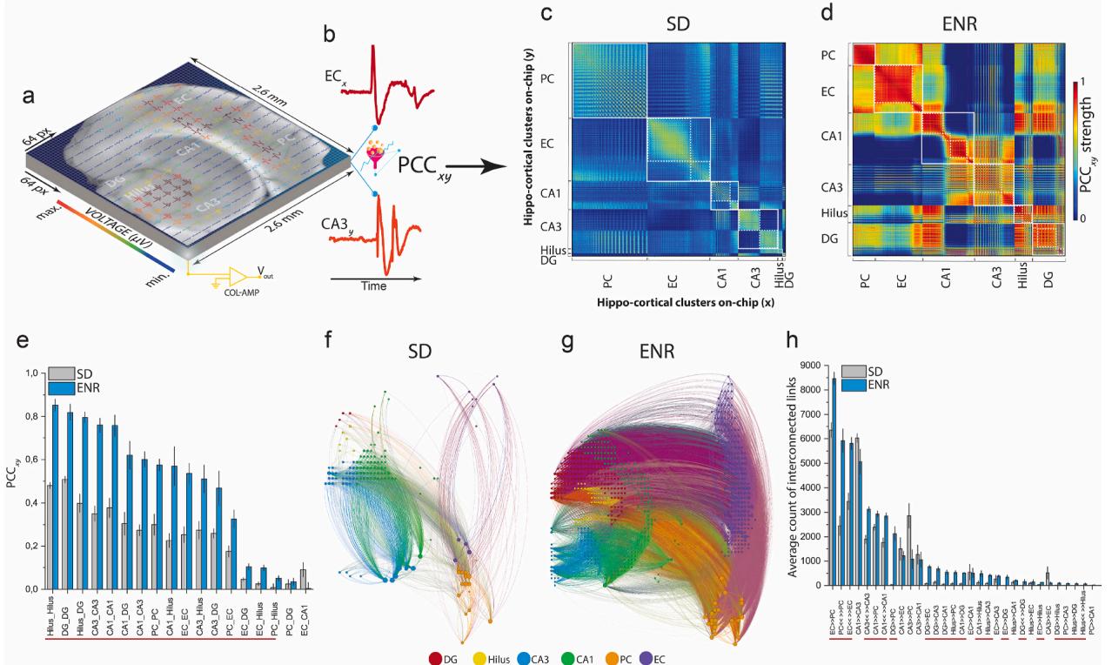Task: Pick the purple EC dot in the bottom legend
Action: coord(646,658)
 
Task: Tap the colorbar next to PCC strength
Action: coord(1076,148)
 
